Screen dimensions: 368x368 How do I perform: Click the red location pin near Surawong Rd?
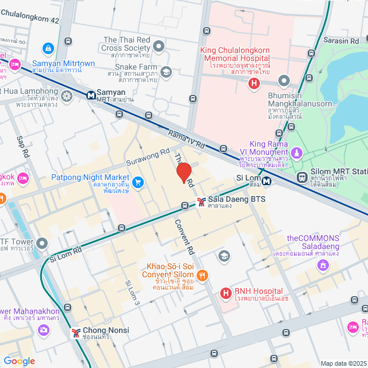point(183,173)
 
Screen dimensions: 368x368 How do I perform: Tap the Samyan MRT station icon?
point(90,95)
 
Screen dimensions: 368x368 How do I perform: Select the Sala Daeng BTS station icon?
point(201,201)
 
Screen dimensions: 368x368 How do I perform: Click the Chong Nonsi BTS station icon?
point(76,333)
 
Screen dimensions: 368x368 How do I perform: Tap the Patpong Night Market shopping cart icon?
point(138,182)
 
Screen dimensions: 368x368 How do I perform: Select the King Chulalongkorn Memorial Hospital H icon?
point(254,84)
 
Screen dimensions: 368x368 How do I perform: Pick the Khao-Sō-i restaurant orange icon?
point(202,275)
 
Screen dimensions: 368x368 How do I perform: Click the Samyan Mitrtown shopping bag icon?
point(48,47)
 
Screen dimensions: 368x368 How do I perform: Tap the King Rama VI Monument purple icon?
point(296,154)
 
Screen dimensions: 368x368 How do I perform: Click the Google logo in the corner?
point(19,361)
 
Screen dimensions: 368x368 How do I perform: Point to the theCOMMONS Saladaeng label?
point(313,242)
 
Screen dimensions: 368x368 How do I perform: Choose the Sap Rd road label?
point(23,147)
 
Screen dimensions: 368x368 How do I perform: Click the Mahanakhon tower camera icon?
point(43,330)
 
